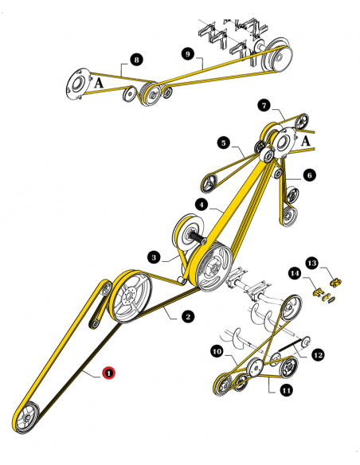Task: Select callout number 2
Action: click(188, 317)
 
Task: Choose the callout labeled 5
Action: click(225, 144)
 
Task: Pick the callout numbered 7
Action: click(264, 105)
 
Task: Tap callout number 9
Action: click(188, 53)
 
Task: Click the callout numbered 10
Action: click(217, 351)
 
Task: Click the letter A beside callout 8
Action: click(100, 81)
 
